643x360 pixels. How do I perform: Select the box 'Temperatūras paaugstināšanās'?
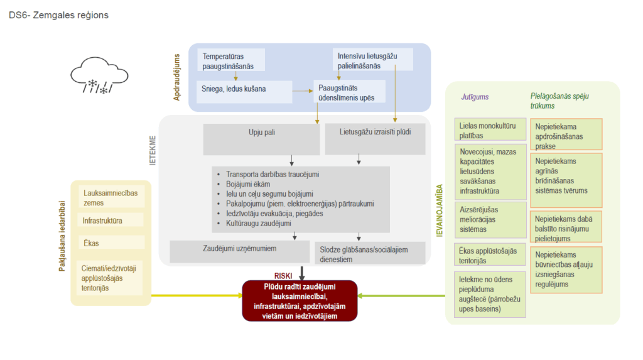point(230,60)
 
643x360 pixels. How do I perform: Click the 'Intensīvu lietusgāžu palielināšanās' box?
point(372,60)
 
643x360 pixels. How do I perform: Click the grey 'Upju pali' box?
point(261,138)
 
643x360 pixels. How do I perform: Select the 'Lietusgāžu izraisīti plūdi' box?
point(376,138)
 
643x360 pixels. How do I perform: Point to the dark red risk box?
point(300,301)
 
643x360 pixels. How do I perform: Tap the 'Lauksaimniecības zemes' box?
point(111,197)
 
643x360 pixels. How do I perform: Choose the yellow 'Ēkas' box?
point(111,243)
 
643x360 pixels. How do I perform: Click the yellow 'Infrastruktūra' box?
point(111,221)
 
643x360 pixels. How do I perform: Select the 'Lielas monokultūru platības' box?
point(490,130)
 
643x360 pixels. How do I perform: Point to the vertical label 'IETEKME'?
point(153,153)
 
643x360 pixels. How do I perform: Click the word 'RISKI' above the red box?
point(284,275)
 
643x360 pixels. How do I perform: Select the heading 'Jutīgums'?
point(475,97)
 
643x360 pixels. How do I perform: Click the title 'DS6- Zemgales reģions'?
point(58,15)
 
